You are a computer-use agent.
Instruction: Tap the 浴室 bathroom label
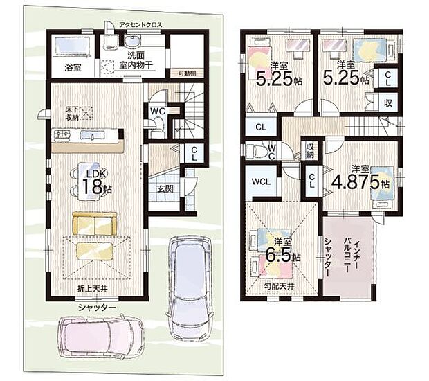point(73,68)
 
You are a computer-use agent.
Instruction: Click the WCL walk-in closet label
point(262,181)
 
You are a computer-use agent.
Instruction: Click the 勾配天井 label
point(280,285)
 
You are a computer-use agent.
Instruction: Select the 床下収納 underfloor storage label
point(73,114)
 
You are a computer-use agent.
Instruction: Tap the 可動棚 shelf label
point(186,71)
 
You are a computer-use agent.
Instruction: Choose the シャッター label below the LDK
point(97,307)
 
